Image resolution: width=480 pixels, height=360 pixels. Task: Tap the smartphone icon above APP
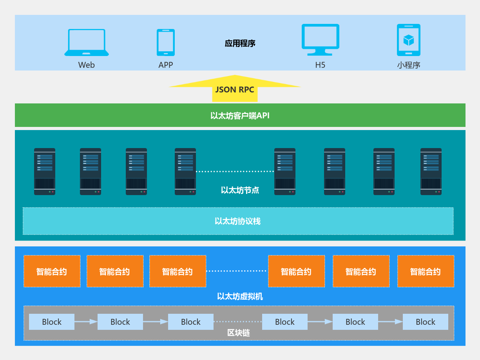[166, 42]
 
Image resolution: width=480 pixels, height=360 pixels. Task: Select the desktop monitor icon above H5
[320, 40]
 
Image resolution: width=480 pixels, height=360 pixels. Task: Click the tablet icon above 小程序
[408, 40]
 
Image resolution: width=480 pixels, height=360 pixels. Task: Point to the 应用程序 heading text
[240, 43]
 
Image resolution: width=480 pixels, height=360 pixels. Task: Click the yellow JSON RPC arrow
[235, 88]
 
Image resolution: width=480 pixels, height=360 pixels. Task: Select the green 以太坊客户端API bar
[240, 116]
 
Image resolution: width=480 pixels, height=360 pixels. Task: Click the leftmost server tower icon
[45, 172]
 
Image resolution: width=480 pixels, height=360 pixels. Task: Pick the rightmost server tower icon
[431, 172]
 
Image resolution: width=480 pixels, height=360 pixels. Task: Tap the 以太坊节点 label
[240, 190]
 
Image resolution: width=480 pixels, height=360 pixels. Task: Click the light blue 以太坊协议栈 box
[238, 221]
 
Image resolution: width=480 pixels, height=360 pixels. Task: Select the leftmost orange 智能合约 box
[52, 271]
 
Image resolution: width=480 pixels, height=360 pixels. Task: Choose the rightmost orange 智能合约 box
[426, 271]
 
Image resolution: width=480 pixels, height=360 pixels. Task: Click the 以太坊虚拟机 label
[240, 297]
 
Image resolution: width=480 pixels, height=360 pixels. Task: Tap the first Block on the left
[52, 322]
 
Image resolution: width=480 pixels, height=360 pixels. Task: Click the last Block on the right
[426, 322]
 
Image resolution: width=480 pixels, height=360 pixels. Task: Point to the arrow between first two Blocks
[86, 322]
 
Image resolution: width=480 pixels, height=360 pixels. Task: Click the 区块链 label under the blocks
[239, 333]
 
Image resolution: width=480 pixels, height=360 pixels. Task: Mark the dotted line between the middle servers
[235, 172]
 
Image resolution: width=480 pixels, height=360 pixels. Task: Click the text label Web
[86, 65]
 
